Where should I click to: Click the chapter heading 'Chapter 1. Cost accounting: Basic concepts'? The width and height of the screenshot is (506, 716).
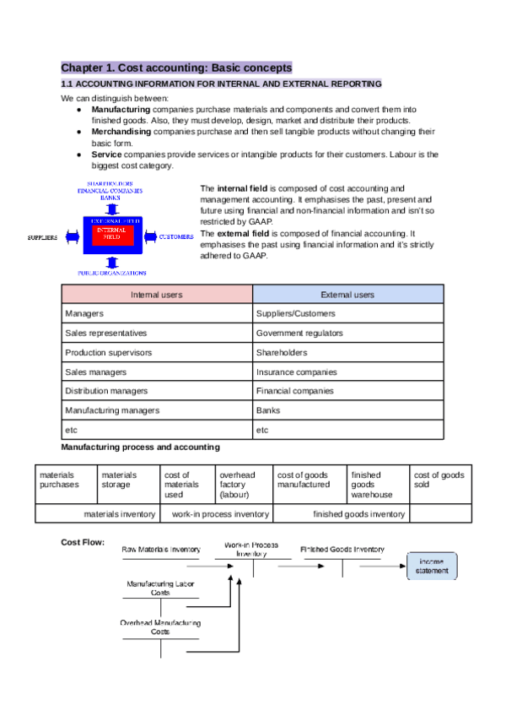click(176, 67)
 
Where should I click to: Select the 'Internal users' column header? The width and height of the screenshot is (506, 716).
click(156, 295)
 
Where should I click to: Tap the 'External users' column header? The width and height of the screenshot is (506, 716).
click(347, 295)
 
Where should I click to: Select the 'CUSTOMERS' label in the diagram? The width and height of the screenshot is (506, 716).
click(177, 237)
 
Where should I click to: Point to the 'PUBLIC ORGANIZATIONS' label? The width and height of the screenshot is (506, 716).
click(112, 273)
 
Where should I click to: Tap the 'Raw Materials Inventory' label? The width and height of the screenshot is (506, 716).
click(161, 550)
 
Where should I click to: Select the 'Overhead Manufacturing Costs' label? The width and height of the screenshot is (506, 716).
click(160, 626)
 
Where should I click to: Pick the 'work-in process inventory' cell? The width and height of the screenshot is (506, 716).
click(220, 513)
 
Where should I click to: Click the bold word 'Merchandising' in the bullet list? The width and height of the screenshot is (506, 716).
click(121, 132)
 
